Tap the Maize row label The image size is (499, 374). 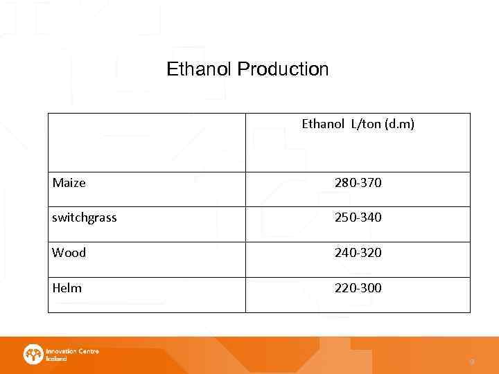[x=69, y=183]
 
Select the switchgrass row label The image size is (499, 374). [x=84, y=217]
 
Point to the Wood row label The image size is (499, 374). [x=69, y=253]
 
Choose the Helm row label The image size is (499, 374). [x=67, y=287]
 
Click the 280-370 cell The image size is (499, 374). [x=358, y=183]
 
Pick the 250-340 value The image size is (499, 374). [x=358, y=217]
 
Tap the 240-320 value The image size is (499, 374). [x=358, y=253]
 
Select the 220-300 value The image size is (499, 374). [x=358, y=287]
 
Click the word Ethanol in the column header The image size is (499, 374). [x=323, y=125]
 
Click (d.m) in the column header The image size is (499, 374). [x=401, y=125]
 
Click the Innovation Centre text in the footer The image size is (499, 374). [x=72, y=351]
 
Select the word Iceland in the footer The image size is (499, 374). [x=56, y=359]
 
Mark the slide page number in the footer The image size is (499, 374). [x=471, y=361]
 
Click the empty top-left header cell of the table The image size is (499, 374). [x=146, y=142]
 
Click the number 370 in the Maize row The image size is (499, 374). [x=371, y=183]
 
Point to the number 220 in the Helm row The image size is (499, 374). [x=345, y=287]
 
